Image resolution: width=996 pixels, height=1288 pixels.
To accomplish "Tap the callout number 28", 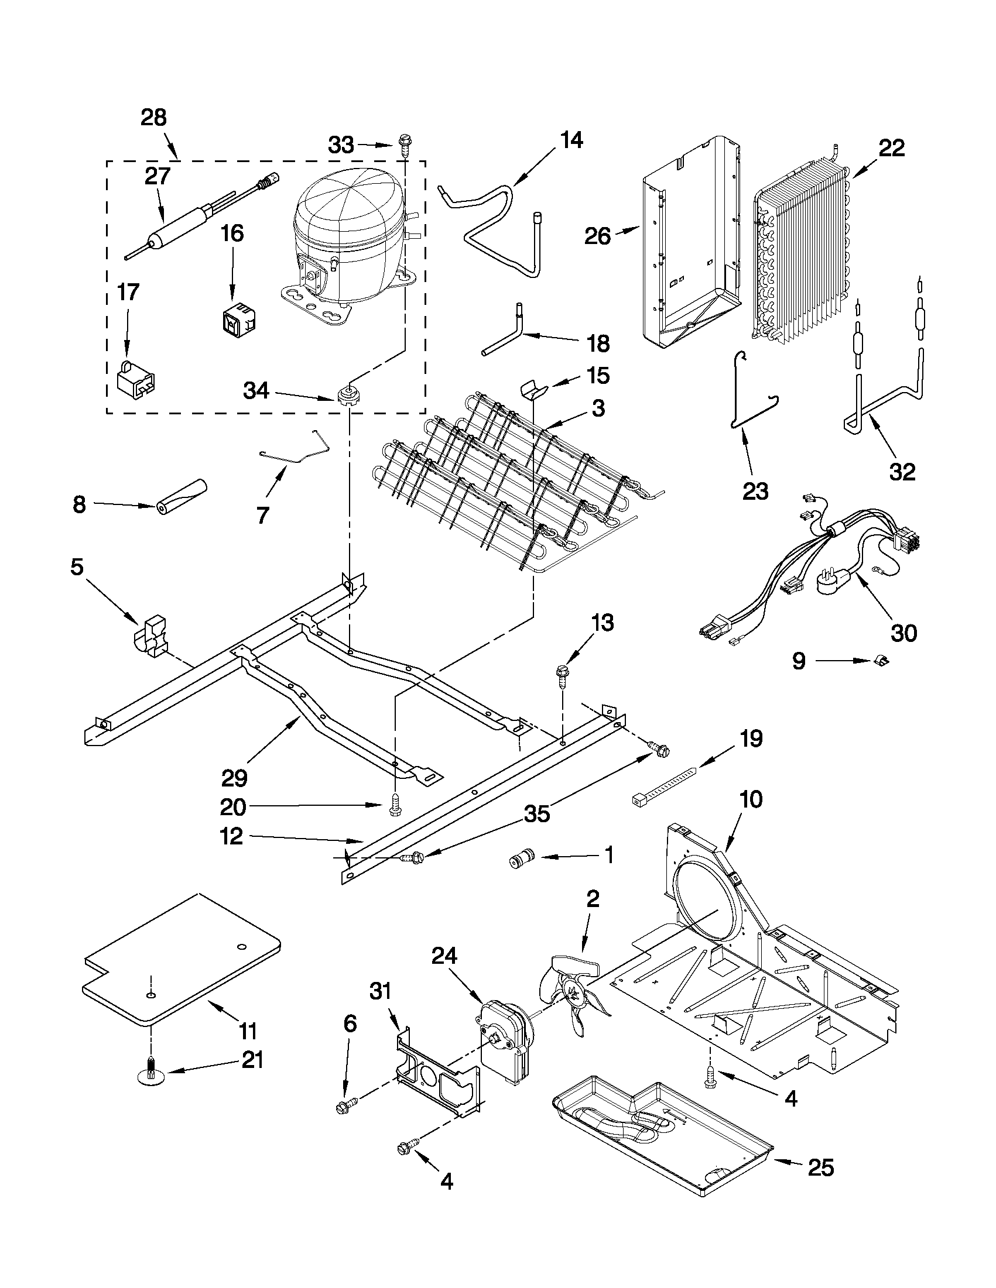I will [x=153, y=118].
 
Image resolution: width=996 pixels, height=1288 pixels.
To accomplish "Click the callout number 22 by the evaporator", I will [x=891, y=149].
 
